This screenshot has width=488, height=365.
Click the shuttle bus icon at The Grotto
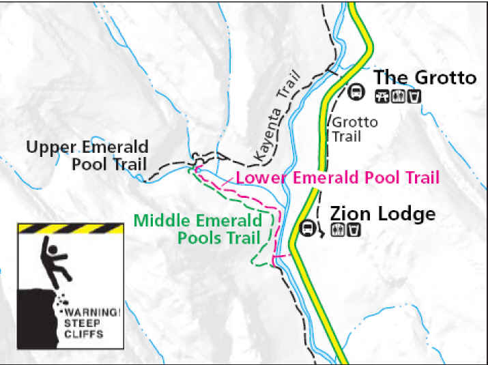(x=355, y=90)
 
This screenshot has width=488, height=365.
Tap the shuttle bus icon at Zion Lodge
(x=308, y=228)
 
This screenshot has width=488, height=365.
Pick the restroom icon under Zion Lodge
(x=337, y=230)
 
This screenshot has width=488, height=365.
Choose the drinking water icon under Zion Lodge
(x=354, y=230)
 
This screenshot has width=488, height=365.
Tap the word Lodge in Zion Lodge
(x=407, y=214)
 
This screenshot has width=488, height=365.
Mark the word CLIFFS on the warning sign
(x=85, y=334)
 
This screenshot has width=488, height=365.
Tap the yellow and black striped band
(x=70, y=229)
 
